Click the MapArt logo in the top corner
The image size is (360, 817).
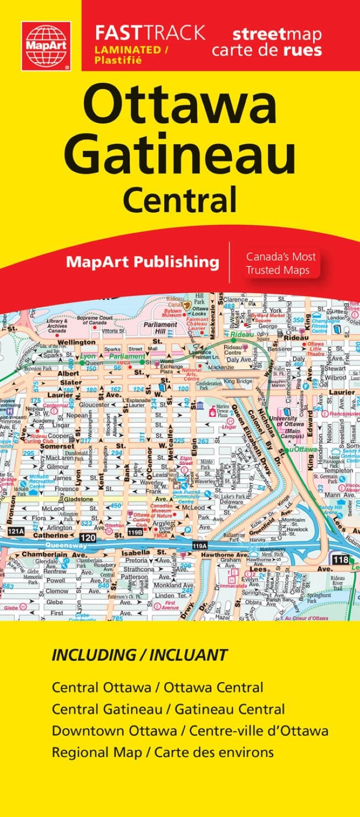(46, 46)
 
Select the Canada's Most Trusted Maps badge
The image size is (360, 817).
(281, 264)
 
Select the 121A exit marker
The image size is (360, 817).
(17, 531)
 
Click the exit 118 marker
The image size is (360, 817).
(340, 560)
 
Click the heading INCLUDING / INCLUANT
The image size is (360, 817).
(139, 655)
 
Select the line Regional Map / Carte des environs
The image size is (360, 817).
(163, 752)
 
